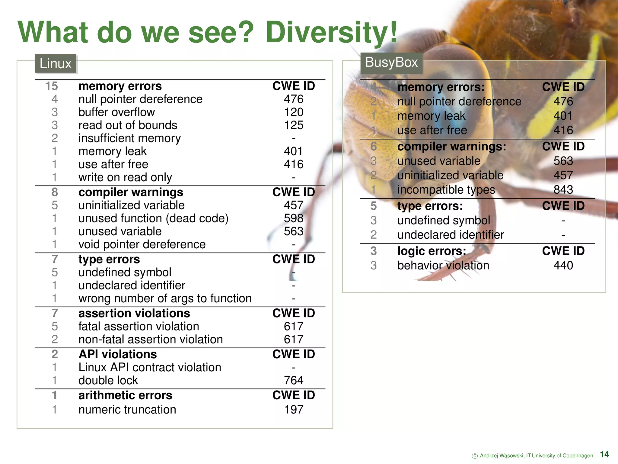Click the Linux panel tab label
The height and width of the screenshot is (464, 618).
click(56, 64)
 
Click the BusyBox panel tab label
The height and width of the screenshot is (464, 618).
click(391, 63)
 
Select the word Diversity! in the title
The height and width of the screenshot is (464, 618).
click(331, 32)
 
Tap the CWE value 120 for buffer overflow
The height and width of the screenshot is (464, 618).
click(294, 112)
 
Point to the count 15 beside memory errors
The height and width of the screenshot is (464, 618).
click(52, 86)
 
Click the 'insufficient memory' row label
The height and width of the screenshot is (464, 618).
click(129, 138)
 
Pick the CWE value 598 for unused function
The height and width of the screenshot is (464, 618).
click(294, 218)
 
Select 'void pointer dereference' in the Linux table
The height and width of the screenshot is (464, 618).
click(142, 244)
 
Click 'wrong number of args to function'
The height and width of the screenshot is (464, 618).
click(165, 298)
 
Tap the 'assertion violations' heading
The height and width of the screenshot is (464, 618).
click(134, 314)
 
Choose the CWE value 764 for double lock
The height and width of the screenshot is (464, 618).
click(294, 380)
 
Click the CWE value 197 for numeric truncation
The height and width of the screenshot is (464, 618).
click(294, 410)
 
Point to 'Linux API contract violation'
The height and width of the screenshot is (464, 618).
click(150, 367)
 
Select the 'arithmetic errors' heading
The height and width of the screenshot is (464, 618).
click(125, 395)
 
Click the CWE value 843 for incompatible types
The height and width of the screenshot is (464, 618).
click(563, 190)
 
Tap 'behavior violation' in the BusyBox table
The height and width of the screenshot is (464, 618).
click(443, 266)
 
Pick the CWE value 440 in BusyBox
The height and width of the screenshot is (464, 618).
click(563, 266)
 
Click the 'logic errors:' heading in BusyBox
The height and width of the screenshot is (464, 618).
click(432, 251)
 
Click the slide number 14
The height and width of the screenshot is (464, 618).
click(604, 454)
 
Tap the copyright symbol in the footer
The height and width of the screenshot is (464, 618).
click(475, 456)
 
